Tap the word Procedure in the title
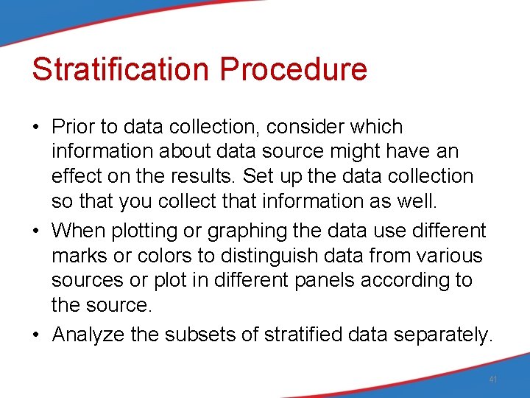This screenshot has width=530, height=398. [293, 69]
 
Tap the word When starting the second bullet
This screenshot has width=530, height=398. [79, 231]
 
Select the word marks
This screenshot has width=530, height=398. [77, 256]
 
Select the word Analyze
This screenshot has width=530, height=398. [88, 335]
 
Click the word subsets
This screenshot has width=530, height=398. [199, 335]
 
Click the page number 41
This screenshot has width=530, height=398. [493, 380]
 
